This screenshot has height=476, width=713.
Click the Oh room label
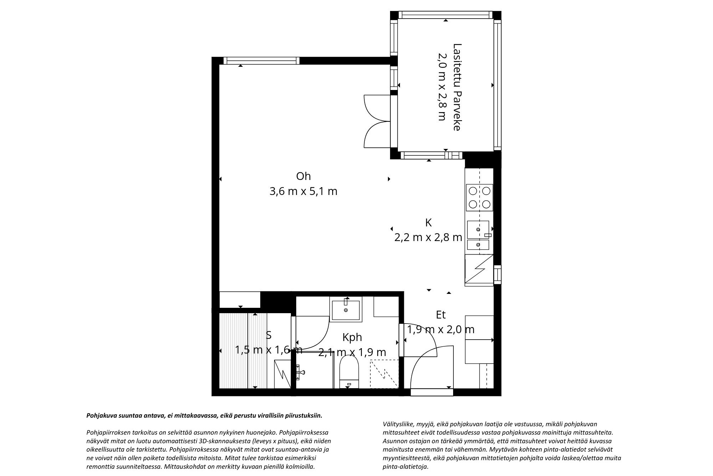[303, 176]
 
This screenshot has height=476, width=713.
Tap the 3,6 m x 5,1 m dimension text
[303, 192]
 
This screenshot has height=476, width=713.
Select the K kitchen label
[429, 223]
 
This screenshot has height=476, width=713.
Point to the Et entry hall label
[441, 315]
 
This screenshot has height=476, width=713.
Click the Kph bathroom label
[352, 337]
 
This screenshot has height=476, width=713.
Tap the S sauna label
[269, 335]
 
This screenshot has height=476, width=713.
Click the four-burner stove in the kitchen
[479, 197]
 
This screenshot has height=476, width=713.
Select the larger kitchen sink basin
[478, 230]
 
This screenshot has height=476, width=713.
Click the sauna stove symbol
[283, 374]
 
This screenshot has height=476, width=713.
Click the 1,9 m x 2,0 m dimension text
[441, 329]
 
